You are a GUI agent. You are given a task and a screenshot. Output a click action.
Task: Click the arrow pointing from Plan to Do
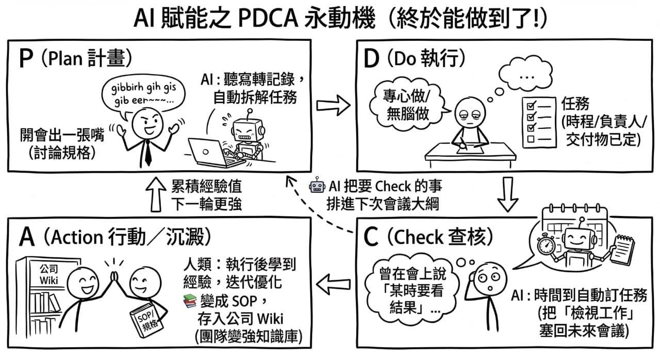(x=333, y=105)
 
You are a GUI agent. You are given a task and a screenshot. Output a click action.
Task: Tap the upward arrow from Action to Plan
(x=155, y=195)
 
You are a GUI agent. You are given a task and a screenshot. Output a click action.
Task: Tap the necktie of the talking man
(x=148, y=149)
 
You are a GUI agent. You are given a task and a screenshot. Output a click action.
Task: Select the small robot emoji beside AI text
(x=316, y=186)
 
